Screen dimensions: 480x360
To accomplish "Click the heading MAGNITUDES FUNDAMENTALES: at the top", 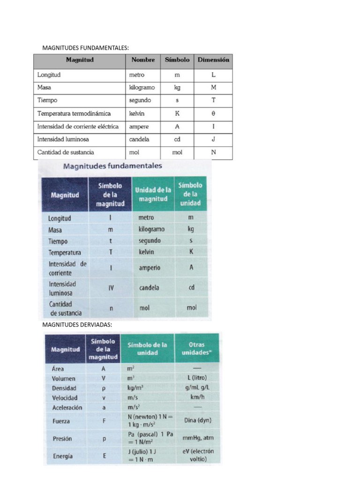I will coord(85,48).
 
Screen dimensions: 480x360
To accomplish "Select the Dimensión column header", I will coord(213,60).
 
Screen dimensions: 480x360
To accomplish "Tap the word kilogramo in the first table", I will coord(142,87).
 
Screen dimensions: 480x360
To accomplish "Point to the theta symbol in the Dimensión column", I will coord(213,113).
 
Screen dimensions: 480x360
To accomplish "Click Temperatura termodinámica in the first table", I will coord(74,113).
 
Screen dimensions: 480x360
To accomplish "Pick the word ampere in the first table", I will coord(139,127).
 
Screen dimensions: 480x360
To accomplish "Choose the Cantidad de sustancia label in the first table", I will coord(66,152).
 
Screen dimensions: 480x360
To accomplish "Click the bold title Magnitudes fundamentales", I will coord(112,166).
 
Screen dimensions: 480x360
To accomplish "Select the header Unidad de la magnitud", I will coord(153,194).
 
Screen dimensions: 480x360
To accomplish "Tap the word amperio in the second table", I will coord(150,268).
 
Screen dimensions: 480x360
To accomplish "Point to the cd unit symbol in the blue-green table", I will coord(191,288).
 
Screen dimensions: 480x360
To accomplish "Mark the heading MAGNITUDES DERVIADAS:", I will coord(77,324).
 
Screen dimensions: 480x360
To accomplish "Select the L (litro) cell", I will coord(196,378).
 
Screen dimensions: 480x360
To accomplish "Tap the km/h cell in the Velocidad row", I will coord(196,397).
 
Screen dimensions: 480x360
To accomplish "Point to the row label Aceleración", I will coord(67,407).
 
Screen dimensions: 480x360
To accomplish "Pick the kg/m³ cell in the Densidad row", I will coord(135,388).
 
